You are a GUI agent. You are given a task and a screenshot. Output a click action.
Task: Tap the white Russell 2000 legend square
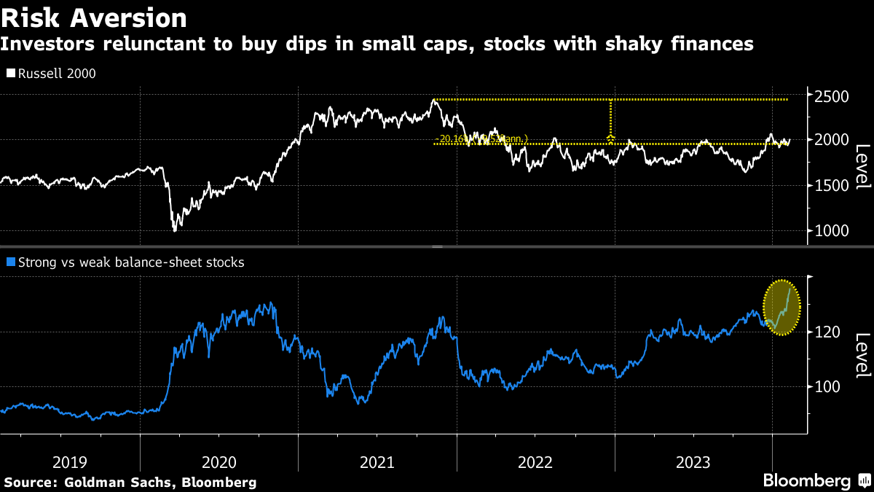9,74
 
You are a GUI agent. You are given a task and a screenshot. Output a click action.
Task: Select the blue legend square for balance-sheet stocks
9,262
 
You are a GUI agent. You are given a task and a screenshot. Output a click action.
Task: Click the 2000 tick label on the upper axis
830,140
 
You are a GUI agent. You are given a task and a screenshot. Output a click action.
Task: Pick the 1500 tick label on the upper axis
830,186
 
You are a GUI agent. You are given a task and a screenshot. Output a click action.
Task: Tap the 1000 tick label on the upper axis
830,231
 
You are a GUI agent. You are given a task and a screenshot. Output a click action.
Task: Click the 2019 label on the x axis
70,462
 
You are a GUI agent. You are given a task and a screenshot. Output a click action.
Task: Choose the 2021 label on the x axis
377,462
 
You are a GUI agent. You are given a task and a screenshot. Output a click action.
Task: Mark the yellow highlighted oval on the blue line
782,308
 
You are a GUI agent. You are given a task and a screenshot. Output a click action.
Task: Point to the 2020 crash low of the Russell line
174,230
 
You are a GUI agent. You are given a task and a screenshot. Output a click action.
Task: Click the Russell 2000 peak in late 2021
434,100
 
